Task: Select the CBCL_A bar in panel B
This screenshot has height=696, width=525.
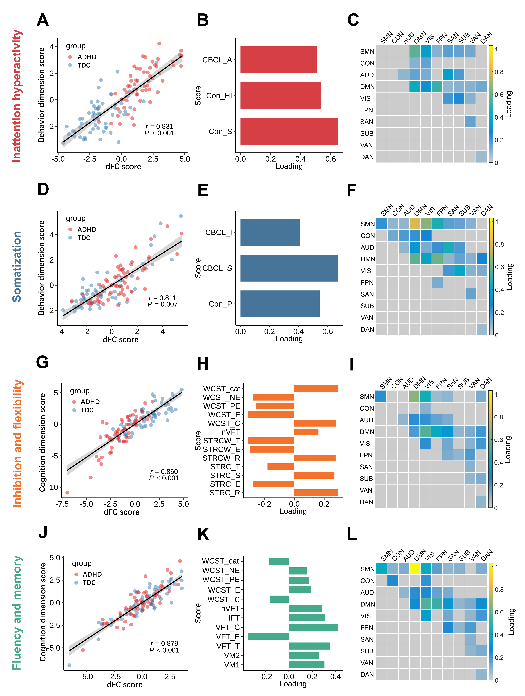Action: (x=278, y=60)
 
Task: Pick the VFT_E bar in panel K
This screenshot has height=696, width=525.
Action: (x=268, y=637)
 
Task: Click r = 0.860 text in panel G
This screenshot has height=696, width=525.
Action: (x=164, y=471)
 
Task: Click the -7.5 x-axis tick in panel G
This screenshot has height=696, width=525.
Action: (x=62, y=504)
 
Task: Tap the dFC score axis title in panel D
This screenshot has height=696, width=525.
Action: (x=121, y=340)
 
